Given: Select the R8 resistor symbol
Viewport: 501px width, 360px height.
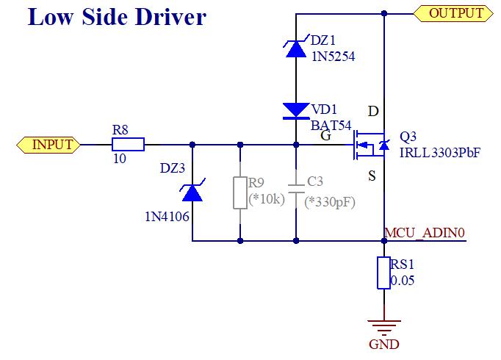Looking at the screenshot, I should point(128,145).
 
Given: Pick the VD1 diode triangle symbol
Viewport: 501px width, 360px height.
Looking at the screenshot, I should point(296,111).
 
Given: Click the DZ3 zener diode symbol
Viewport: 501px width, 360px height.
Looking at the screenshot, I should point(192,192).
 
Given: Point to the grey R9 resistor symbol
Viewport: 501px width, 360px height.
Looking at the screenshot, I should point(240,192).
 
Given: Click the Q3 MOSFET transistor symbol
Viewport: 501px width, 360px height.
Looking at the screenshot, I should point(372,145).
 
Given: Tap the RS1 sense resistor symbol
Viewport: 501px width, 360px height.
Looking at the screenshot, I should point(383,273).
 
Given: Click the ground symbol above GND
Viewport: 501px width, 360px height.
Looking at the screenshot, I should point(383,325).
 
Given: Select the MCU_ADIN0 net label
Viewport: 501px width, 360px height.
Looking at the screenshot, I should point(424,234).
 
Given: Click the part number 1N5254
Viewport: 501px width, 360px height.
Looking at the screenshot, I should point(333,56).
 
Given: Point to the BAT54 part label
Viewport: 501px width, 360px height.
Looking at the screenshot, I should point(332,125).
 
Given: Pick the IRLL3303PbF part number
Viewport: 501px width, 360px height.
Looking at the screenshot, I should point(440,151).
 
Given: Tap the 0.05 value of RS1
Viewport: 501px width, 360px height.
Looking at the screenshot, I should point(403,281).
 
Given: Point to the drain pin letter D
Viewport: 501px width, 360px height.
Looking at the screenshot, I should point(373,112).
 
